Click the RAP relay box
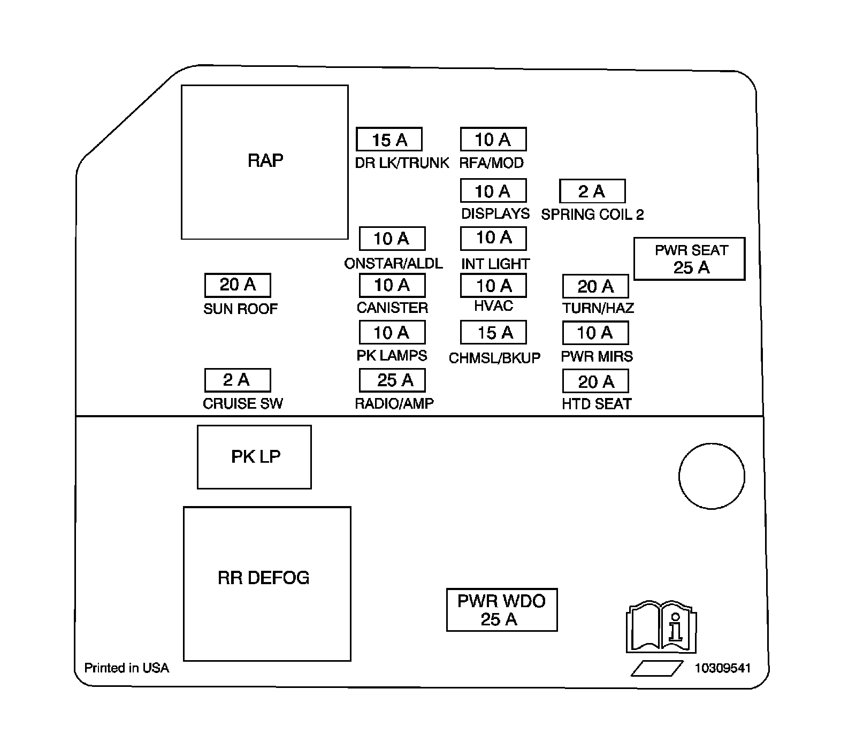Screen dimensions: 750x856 [x=265, y=162]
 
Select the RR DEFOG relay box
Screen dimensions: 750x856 [x=267, y=584]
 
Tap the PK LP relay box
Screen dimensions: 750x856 [x=254, y=457]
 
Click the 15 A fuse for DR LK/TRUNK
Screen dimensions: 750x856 [x=389, y=140]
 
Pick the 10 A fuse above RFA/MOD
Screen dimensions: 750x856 [x=493, y=140]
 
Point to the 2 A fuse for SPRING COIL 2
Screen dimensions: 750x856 [x=592, y=191]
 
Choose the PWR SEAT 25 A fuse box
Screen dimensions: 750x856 [x=690, y=259]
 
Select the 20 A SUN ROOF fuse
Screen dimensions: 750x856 [x=238, y=285]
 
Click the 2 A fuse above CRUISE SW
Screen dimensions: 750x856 [x=238, y=380]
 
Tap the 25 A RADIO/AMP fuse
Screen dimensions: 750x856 [x=392, y=380]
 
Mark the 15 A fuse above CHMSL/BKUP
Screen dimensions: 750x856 [x=493, y=333]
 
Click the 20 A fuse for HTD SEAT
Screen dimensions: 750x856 [x=595, y=381]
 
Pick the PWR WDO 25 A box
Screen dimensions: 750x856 [x=502, y=610]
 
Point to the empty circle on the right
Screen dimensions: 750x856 [x=712, y=476]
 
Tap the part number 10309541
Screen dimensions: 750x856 [x=723, y=668]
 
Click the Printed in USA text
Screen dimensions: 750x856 [x=127, y=668]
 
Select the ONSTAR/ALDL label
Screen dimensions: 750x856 [x=393, y=263]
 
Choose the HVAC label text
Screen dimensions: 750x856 [x=493, y=306]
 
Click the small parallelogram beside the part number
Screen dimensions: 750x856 [x=657, y=669]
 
